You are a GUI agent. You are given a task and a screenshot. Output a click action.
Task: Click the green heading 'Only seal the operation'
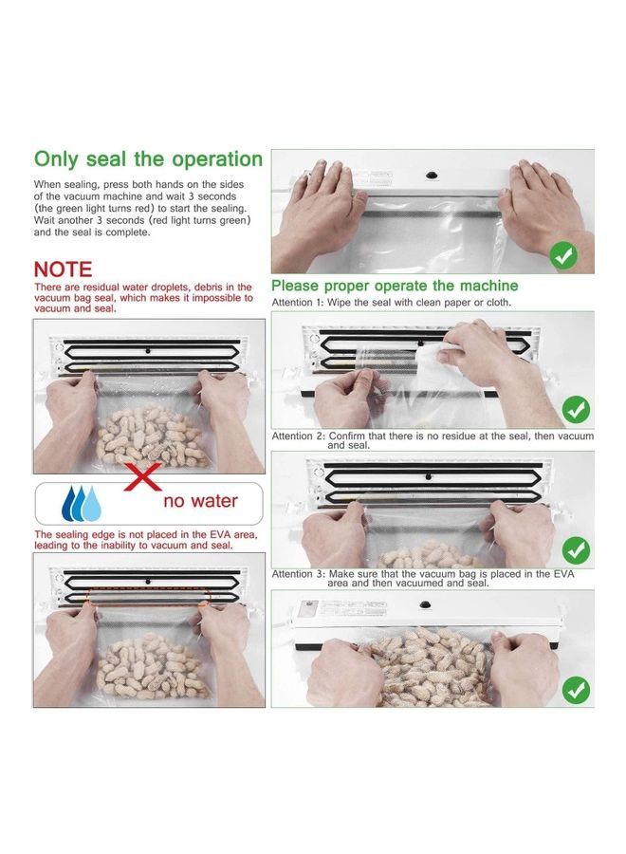tap(148, 158)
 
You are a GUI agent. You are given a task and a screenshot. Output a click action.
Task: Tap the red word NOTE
tap(63, 270)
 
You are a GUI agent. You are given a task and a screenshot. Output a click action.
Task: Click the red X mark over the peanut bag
tap(142, 476)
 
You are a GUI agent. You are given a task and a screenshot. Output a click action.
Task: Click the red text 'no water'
tap(200, 500)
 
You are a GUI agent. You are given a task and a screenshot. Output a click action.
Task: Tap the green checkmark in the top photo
tap(564, 255)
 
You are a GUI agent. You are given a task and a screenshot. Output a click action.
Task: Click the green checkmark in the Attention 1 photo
tap(575, 410)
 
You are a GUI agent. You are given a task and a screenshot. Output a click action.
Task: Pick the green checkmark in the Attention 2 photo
tap(575, 550)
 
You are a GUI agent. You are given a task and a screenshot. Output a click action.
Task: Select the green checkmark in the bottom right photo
tap(575, 690)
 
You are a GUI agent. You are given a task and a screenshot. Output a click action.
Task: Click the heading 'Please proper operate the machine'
tap(395, 286)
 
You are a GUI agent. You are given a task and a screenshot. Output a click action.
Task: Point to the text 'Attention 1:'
tap(299, 303)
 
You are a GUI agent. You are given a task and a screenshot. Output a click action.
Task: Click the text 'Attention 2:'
tap(299, 436)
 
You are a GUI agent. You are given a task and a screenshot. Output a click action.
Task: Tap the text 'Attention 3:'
tap(299, 574)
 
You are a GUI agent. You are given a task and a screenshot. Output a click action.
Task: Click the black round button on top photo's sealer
tap(431, 176)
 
